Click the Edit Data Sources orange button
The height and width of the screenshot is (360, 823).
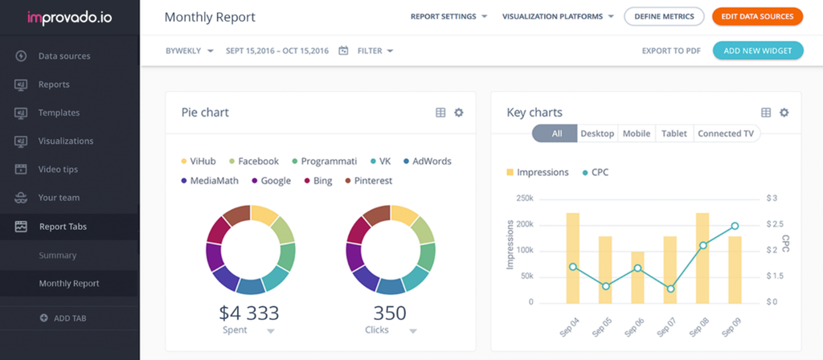tap(757, 16)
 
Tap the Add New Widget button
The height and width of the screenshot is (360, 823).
tap(757, 51)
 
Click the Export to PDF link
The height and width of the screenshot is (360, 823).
tap(670, 51)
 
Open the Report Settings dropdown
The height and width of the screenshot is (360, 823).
tap(448, 16)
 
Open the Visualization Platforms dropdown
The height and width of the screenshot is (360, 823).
tap(558, 16)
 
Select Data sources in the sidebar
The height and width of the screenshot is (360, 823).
tap(63, 56)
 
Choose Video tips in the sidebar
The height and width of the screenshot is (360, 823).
tap(59, 170)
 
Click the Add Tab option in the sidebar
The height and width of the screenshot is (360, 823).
tap(69, 318)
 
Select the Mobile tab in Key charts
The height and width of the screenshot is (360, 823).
tap(637, 133)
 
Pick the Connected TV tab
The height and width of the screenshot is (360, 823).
tap(725, 133)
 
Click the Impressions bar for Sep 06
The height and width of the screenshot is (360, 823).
tap(637, 277)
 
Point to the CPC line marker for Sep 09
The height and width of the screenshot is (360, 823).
tap(735, 226)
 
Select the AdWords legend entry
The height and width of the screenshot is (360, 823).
tap(427, 161)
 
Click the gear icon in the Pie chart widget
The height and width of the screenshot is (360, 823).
tap(459, 112)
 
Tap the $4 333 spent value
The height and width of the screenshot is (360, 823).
tap(250, 313)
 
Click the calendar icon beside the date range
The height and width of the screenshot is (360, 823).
tap(343, 51)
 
